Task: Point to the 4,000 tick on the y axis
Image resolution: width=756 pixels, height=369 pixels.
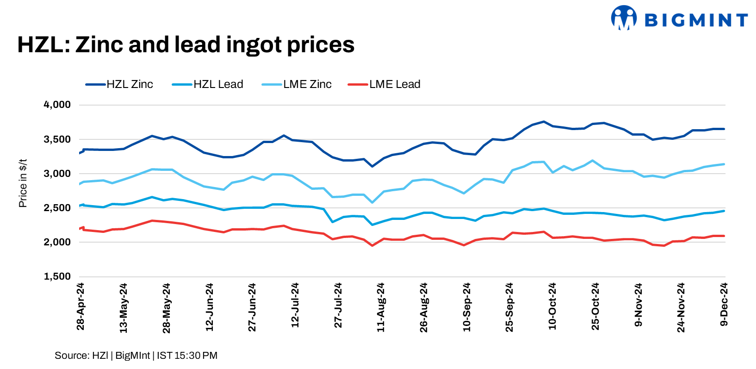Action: coord(57,105)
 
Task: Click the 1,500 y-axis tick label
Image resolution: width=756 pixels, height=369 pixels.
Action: coord(57,277)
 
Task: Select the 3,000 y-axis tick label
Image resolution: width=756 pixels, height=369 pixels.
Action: coord(57,174)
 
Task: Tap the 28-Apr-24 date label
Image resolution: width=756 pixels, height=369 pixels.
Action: coord(81,306)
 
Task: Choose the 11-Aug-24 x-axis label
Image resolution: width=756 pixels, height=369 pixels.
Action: coord(381,307)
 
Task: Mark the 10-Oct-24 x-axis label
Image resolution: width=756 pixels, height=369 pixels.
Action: coord(552,306)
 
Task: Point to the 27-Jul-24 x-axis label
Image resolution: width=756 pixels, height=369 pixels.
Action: coord(338,306)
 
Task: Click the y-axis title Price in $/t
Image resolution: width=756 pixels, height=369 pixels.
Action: coord(23,183)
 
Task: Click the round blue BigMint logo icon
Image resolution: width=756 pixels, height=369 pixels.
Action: coord(624,18)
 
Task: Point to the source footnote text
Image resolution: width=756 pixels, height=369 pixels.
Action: coord(136,356)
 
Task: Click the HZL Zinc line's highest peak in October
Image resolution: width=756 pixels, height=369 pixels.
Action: coord(544,122)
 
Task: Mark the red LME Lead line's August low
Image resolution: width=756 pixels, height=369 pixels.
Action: coord(372,245)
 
